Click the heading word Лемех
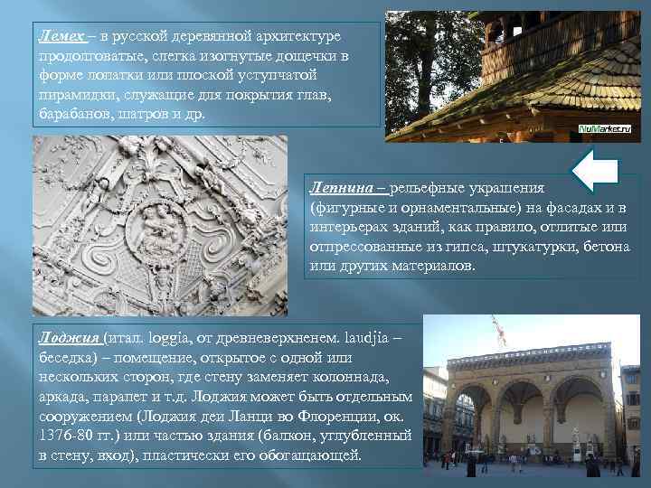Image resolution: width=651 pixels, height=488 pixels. [x=61, y=35]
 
